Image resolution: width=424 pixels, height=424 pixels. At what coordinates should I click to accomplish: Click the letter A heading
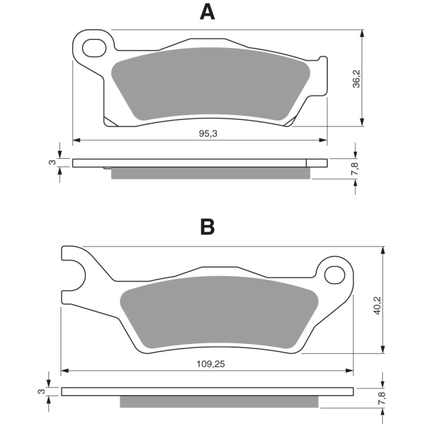click(x=207, y=12)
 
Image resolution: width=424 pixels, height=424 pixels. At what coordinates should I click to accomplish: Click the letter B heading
click(x=207, y=227)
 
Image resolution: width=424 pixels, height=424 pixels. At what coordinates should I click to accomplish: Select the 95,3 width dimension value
click(x=208, y=133)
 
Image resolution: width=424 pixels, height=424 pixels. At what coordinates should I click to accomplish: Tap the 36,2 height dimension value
click(x=357, y=79)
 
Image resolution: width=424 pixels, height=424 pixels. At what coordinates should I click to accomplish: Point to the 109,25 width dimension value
click(x=211, y=364)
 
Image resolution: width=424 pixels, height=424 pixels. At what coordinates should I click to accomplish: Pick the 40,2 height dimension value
click(x=377, y=306)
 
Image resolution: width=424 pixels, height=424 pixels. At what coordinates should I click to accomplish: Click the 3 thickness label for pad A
click(x=52, y=162)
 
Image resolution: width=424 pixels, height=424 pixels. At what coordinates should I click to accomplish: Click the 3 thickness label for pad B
click(x=41, y=391)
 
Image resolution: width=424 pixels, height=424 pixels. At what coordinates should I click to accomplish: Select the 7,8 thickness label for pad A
click(x=355, y=168)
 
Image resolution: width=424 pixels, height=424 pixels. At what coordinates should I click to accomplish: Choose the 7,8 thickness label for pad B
click(x=382, y=398)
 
